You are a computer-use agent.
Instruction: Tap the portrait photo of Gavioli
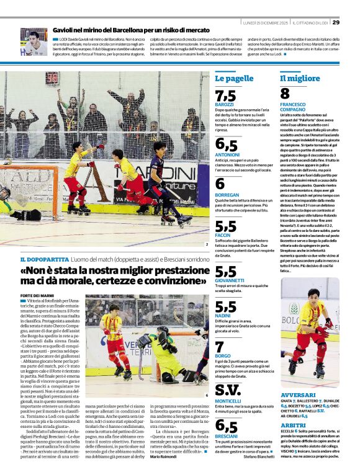pos(34,42)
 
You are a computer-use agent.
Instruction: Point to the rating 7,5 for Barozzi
pos(225,95)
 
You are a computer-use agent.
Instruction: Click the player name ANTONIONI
pos(227,154)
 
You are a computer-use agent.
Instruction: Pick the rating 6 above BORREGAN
pos(220,184)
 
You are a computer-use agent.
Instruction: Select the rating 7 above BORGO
pos(220,347)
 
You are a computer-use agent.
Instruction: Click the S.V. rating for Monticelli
pos(228,389)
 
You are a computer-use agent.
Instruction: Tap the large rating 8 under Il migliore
pos(285,94)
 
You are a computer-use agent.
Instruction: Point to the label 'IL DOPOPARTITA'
pos(39,259)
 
